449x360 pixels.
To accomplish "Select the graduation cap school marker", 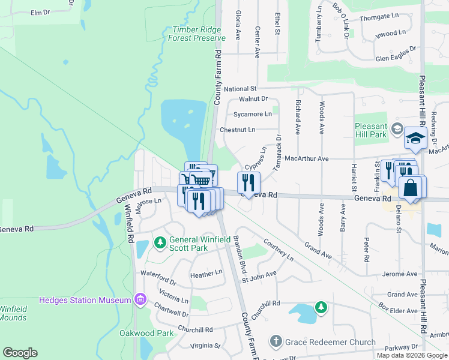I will click(x=415, y=139).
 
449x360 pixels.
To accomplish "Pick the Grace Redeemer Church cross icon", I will click(x=276, y=341).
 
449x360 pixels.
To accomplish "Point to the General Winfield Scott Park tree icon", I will click(x=160, y=242).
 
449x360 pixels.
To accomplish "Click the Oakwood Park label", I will click(x=146, y=333).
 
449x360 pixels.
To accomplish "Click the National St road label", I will click(x=240, y=89).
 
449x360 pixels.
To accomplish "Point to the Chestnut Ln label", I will click(x=238, y=129).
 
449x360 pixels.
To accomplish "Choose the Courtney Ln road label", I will click(x=279, y=249).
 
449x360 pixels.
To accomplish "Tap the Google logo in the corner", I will click(x=20, y=353).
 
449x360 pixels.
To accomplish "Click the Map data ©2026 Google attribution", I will click(x=411, y=355).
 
